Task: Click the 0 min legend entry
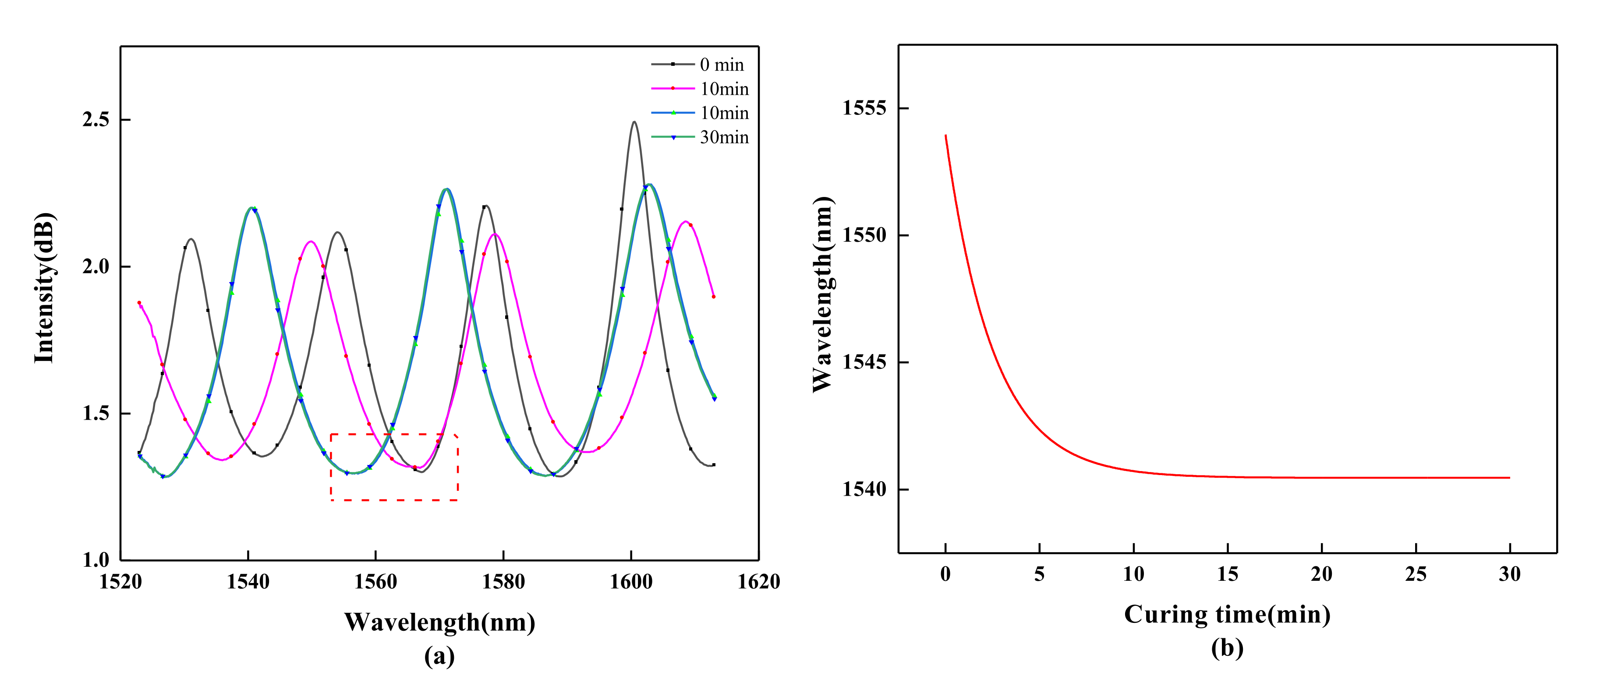721,64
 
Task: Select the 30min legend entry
724,137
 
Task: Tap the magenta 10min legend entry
724,89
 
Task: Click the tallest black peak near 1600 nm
634,122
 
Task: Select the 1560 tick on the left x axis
376,582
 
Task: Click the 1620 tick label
758,582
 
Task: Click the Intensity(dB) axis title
45,288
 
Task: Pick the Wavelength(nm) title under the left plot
440,622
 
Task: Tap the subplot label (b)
1227,648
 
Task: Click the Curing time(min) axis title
1227,615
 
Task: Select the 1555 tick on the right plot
864,108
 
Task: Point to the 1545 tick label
864,362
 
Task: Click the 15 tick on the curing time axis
1227,574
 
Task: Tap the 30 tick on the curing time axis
1509,574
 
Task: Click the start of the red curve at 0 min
945,136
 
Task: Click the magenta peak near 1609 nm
685,221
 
